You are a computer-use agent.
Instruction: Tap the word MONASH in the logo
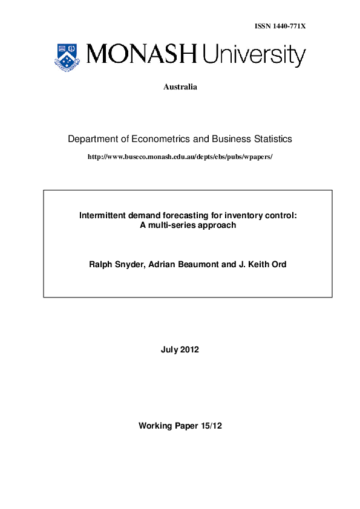click(x=142, y=55)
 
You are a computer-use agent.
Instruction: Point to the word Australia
click(x=180, y=87)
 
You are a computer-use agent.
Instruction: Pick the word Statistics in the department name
click(x=270, y=139)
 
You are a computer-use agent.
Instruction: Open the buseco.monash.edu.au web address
click(x=180, y=157)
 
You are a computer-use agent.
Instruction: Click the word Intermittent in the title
click(x=103, y=215)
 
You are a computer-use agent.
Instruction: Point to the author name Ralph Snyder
click(x=114, y=264)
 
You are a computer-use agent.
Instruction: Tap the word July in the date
click(x=170, y=349)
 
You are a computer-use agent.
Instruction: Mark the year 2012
click(x=190, y=349)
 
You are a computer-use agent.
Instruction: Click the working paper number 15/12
click(x=212, y=426)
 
